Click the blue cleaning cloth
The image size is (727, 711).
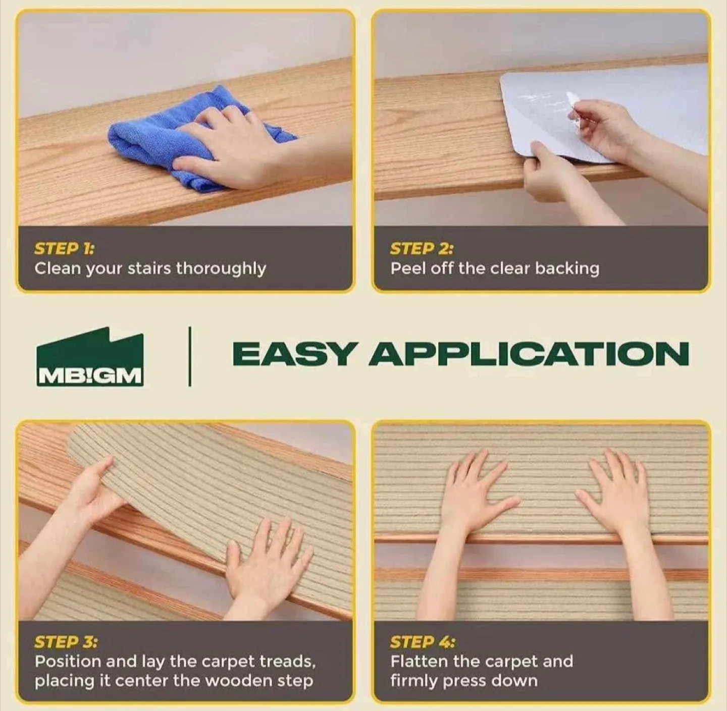coord(151,141)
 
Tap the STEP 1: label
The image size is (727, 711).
coord(64,249)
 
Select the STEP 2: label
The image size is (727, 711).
coord(422,249)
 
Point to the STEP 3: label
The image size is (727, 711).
coord(66,642)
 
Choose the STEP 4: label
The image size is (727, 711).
coord(422,642)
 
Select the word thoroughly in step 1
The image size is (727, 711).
coord(221,269)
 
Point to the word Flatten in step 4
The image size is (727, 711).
coord(420,661)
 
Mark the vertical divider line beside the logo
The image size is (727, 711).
coord(190,356)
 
